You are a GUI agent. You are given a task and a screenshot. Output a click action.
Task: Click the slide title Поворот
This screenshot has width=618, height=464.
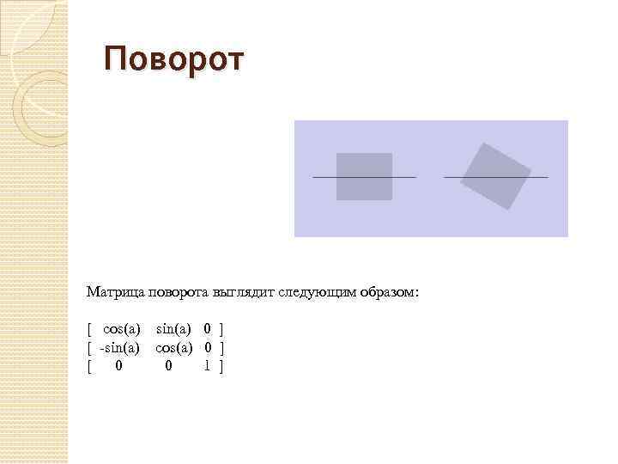coord(174,60)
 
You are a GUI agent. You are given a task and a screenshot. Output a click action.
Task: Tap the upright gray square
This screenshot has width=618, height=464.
coord(364,176)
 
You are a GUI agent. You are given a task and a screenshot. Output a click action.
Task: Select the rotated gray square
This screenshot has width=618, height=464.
coord(496,176)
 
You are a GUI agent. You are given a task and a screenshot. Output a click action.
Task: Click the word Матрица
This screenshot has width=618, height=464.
coord(116,292)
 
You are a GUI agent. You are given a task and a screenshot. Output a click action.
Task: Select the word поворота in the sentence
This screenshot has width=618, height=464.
coord(180,292)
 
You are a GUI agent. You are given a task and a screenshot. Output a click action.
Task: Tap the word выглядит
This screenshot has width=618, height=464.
coord(248,292)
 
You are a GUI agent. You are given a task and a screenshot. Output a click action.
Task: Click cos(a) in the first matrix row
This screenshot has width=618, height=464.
coord(121,328)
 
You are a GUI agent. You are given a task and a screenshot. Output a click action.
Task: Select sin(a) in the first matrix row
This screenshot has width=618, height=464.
coord(173,328)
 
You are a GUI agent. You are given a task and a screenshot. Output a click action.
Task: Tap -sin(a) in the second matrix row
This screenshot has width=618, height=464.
coord(119,347)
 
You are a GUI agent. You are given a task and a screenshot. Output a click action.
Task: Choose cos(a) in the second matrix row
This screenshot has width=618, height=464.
coord(173,347)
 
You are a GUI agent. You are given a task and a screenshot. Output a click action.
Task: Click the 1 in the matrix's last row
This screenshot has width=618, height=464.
coord(208,366)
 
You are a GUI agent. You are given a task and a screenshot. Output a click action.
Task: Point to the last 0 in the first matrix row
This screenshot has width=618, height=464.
coord(208,328)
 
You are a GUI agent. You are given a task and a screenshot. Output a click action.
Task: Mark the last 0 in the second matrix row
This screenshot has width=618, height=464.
coord(208,347)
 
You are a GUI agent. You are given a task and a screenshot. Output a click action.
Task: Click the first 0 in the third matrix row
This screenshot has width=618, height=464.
coord(118,366)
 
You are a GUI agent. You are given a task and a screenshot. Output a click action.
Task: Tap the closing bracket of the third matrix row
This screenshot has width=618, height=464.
coord(221,366)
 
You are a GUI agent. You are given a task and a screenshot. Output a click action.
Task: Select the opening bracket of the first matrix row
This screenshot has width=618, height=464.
coord(89,328)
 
